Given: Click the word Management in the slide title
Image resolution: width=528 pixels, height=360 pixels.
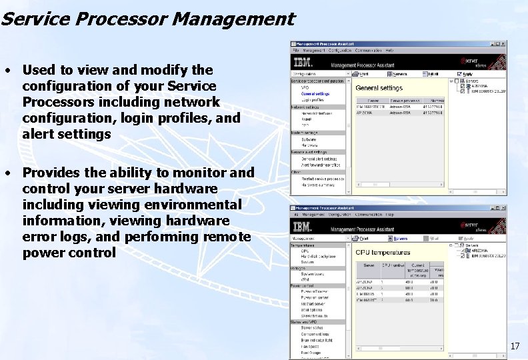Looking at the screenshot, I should pos(233,19).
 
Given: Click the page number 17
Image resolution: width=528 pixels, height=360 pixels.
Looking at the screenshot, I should pos(515,346).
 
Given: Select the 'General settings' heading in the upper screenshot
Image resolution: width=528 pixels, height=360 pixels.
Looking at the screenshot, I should pos(379,88).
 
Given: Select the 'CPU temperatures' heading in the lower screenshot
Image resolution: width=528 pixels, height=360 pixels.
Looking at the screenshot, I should pos(383,253).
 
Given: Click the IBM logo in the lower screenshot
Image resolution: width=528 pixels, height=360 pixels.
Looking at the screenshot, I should pos(301,226).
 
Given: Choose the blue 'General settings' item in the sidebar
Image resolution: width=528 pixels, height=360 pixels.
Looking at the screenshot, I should pos(315,94).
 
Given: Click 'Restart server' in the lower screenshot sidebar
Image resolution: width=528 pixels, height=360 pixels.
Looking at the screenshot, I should pos(313,303).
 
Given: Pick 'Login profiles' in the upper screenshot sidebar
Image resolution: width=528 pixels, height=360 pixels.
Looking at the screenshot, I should pos(312,100).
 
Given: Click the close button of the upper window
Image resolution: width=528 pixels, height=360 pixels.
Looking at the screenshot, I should pos(504,44).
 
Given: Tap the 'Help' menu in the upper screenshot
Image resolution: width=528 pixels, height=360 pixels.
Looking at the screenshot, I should pos(389,51).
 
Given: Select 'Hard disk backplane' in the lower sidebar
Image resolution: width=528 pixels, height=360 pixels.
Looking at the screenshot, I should pos(319,256).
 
